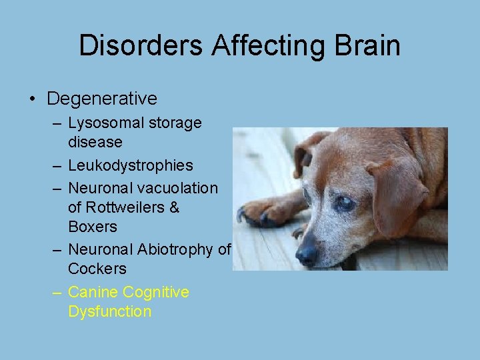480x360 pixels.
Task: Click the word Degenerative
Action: [x=102, y=99]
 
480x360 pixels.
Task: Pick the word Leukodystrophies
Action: [x=131, y=165]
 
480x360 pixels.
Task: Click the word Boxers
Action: [x=92, y=227]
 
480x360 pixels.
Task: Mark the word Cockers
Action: [x=97, y=269]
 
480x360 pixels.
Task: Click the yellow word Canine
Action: [x=93, y=292]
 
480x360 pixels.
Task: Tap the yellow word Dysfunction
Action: [x=110, y=311]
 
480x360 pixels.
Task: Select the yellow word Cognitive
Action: [x=156, y=292]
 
